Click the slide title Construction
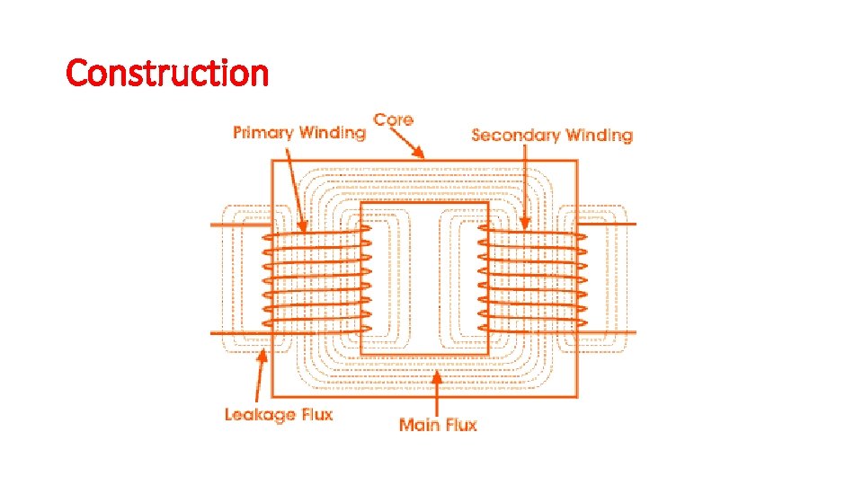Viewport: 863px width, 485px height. pyautogui.click(x=167, y=72)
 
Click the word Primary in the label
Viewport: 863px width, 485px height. pyautogui.click(x=263, y=133)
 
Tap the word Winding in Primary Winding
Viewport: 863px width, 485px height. pyautogui.click(x=332, y=133)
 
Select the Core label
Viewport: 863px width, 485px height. pyautogui.click(x=393, y=119)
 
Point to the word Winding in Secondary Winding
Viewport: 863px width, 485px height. pyautogui.click(x=599, y=136)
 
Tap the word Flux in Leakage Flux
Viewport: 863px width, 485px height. pyautogui.click(x=315, y=415)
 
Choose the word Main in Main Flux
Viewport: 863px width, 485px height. pyautogui.click(x=418, y=424)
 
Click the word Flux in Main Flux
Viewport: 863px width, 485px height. pyautogui.click(x=459, y=424)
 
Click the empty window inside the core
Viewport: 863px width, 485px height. pyautogui.click(x=424, y=278)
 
